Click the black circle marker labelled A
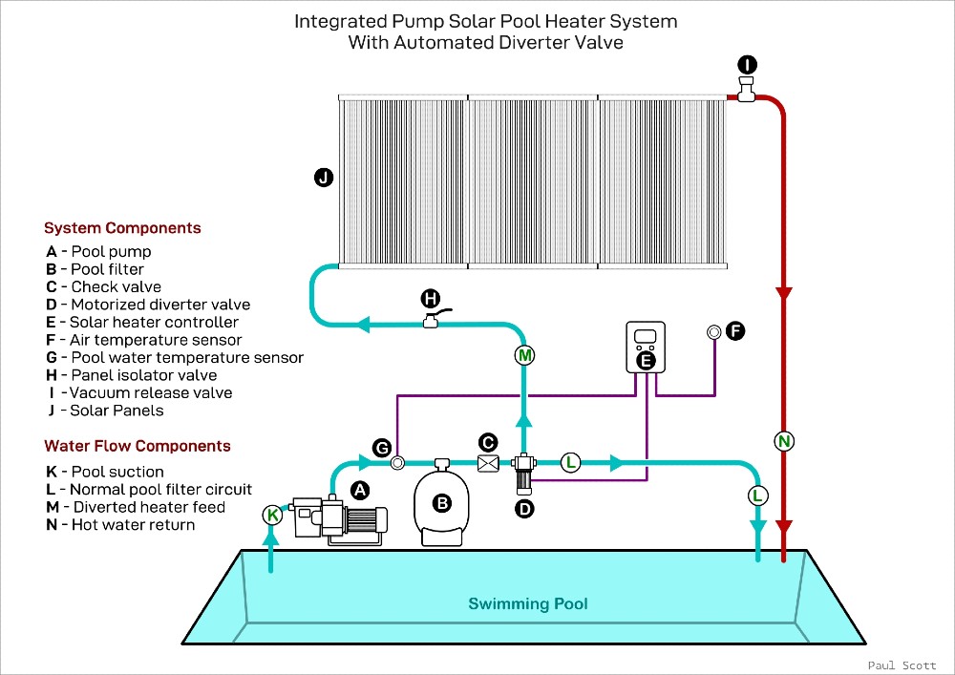pos(360,490)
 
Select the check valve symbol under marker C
pos(488,463)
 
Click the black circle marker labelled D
pos(524,509)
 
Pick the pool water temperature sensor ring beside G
pos(398,463)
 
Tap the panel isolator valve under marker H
pos(432,322)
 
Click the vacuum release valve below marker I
pos(746,93)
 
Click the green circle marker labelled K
pos(273,516)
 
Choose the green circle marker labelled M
pos(524,356)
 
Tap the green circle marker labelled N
pos(785,441)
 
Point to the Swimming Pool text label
pos(527,603)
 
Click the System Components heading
pos(122,228)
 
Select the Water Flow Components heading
pos(138,446)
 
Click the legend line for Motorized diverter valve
pos(148,305)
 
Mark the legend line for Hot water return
pos(120,524)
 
